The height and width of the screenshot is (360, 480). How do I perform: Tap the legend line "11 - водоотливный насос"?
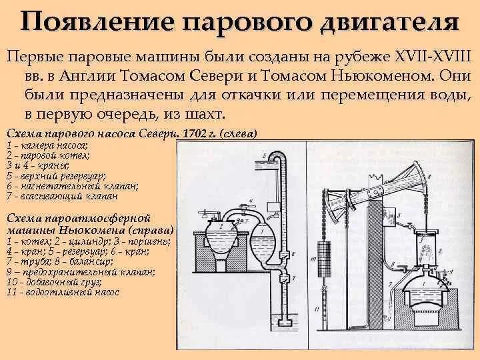(x=63, y=292)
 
